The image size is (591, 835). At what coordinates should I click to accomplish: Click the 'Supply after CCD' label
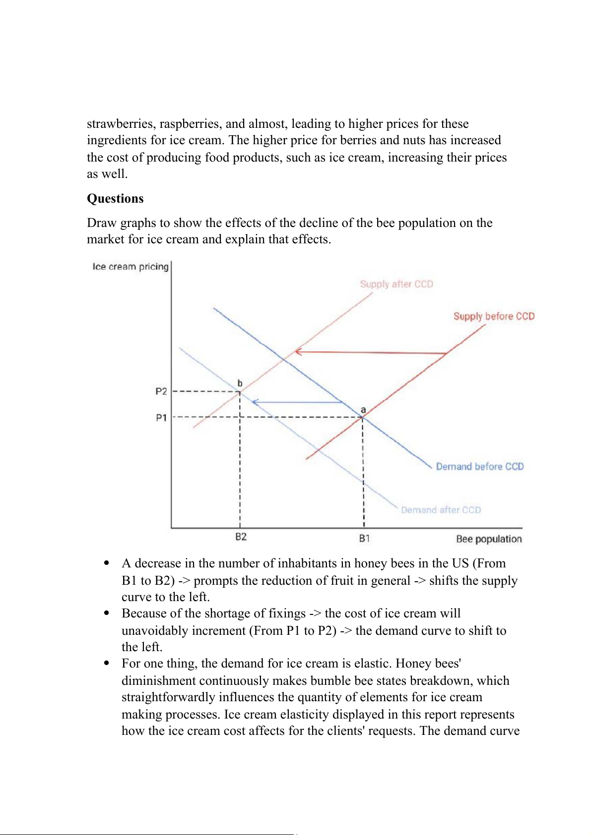pyautogui.click(x=396, y=284)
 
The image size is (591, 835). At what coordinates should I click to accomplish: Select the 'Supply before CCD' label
pyautogui.click(x=494, y=316)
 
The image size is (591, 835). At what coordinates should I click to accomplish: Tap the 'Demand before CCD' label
pyautogui.click(x=479, y=466)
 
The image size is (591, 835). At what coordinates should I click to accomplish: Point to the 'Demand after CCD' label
pyautogui.click(x=441, y=510)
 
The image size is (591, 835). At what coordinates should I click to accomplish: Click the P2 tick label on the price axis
pyautogui.click(x=161, y=391)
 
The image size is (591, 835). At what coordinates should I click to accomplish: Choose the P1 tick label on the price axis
pyautogui.click(x=161, y=418)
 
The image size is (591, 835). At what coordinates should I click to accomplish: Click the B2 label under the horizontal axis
pyautogui.click(x=241, y=537)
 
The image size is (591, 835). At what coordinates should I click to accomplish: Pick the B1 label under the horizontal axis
pyautogui.click(x=364, y=538)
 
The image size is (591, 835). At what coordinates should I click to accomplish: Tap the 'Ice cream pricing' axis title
pyautogui.click(x=131, y=267)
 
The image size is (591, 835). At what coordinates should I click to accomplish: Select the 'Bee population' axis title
pyautogui.click(x=489, y=539)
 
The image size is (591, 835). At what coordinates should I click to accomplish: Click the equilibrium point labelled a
pyautogui.click(x=363, y=418)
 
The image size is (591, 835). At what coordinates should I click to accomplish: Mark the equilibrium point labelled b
pyautogui.click(x=240, y=392)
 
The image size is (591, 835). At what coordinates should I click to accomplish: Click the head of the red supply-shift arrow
pyautogui.click(x=297, y=352)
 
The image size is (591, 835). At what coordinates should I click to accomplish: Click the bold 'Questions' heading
pyautogui.click(x=115, y=199)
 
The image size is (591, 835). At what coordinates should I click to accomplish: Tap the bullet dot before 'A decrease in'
pyautogui.click(x=106, y=563)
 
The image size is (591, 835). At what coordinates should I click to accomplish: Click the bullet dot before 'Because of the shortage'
pyautogui.click(x=106, y=613)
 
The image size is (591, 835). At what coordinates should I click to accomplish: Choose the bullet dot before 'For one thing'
pyautogui.click(x=106, y=663)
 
